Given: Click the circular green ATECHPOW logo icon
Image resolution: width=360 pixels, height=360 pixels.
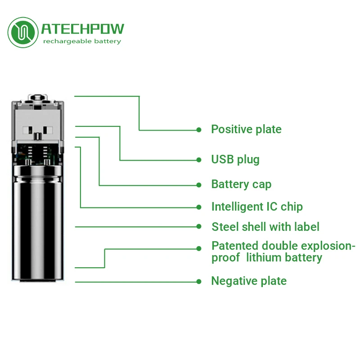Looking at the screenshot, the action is tap(23, 32).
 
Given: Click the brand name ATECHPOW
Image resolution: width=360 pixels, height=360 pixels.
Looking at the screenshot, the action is tap(82, 29).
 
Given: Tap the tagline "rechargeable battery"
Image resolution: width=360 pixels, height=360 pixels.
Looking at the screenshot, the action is tap(82, 41).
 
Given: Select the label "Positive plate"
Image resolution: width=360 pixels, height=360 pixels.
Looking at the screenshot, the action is tap(246, 130).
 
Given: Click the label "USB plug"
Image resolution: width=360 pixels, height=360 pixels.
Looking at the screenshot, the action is tap(235, 159).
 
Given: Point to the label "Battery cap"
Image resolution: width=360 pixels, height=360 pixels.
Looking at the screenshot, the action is tap(241, 184).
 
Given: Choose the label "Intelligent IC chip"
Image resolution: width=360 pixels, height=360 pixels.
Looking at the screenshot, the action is tap(257, 207).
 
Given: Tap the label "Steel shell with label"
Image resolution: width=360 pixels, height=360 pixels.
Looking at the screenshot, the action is tap(265, 227).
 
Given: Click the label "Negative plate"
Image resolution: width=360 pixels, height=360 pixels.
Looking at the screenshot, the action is tap(249, 281).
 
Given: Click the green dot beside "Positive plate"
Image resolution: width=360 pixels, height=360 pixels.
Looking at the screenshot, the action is tap(198, 130).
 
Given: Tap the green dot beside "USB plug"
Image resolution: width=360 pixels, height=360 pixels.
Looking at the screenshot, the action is tap(198, 160).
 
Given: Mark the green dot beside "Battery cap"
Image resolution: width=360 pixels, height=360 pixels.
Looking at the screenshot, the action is tap(198, 185).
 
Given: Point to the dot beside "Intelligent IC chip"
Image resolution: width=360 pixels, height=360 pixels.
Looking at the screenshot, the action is tap(198, 207).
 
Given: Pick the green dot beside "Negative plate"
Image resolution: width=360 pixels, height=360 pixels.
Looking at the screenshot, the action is tap(198, 282).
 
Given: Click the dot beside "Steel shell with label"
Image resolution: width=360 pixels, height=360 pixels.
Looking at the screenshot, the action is tap(198, 226).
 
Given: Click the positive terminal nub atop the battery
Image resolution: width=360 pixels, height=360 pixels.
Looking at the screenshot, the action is tap(38, 98).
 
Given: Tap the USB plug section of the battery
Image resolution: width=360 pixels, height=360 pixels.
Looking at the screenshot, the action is tap(38, 124).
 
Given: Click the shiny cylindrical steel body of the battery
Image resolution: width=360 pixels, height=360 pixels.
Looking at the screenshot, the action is tap(38, 220).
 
